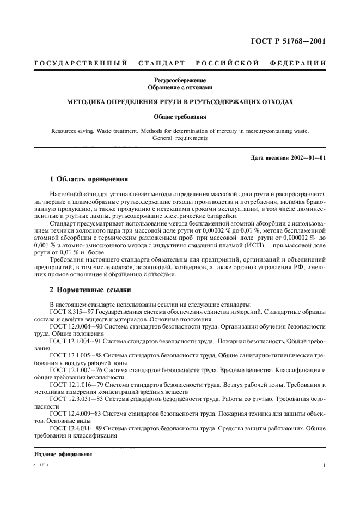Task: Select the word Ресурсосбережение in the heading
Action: point(180,80)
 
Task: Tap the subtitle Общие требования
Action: point(180,116)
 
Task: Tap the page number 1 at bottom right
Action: point(324,466)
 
